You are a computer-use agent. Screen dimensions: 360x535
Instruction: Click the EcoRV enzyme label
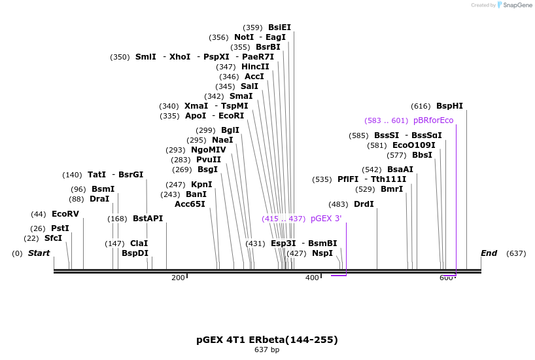coord(65,214)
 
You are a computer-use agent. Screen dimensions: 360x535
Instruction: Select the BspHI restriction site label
coord(449,106)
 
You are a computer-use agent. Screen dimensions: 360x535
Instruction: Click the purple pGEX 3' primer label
coord(326,219)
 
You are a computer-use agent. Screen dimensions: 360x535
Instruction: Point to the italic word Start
coord(39,253)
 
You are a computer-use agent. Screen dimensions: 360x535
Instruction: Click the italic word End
coord(489,253)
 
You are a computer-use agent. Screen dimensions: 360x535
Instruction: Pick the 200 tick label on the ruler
coord(178,278)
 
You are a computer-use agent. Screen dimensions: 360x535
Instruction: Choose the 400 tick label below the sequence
coord(312,278)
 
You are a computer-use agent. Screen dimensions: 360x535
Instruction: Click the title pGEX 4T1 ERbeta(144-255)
coord(267,340)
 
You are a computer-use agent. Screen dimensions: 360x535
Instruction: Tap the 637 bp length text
coord(267,350)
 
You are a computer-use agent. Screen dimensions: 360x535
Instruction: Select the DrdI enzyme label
coord(364,204)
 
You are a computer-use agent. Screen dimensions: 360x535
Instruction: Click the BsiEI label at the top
coord(279,27)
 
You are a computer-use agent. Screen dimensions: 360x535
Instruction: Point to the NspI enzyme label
coord(322,253)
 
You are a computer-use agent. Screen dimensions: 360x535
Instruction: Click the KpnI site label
coord(201,185)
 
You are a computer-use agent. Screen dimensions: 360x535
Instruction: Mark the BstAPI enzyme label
coord(148,219)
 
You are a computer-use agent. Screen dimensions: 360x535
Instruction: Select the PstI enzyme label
coord(60,228)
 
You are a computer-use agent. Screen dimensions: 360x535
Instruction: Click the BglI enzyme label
coord(230,130)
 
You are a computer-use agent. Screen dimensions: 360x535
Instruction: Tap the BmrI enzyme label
coord(392,189)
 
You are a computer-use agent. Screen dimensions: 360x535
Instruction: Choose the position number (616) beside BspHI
coord(421,106)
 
